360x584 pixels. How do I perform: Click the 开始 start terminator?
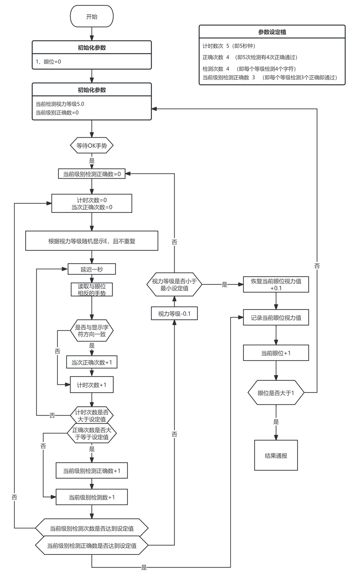click(x=92, y=16)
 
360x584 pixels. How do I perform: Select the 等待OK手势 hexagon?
click(x=92, y=145)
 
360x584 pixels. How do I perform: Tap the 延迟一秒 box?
click(x=92, y=269)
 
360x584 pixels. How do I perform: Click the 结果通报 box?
click(x=276, y=455)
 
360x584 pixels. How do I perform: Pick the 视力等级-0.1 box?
click(x=174, y=313)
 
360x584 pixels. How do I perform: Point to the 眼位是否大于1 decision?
click(x=276, y=393)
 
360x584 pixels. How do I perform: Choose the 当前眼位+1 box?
click(x=276, y=353)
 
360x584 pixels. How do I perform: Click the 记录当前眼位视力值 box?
click(x=276, y=317)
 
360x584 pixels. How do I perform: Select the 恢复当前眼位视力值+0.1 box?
click(x=276, y=285)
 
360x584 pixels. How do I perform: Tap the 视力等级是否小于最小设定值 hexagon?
click(x=174, y=285)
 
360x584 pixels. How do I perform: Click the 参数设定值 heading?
click(x=272, y=32)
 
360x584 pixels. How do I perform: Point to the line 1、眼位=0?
click(x=48, y=62)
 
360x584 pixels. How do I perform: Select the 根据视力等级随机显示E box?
click(x=92, y=241)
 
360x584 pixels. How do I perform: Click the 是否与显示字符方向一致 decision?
click(x=92, y=331)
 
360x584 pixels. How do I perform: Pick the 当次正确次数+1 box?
click(x=92, y=362)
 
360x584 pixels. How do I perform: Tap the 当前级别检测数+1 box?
click(x=92, y=497)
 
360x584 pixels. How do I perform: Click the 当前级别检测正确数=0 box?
click(x=92, y=174)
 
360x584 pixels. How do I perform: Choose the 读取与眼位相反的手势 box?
click(x=92, y=290)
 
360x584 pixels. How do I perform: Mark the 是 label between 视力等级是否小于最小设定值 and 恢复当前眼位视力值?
click(x=224, y=285)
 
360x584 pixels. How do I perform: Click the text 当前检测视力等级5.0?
click(x=60, y=104)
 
